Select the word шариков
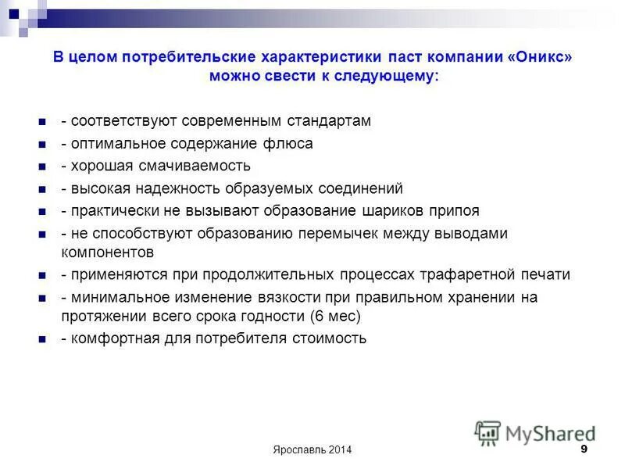(393, 210)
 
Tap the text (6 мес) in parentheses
(335, 317)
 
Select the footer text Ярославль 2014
(312, 449)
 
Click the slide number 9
(584, 449)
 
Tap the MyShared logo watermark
(534, 432)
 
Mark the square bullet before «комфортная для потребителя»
(42, 340)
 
